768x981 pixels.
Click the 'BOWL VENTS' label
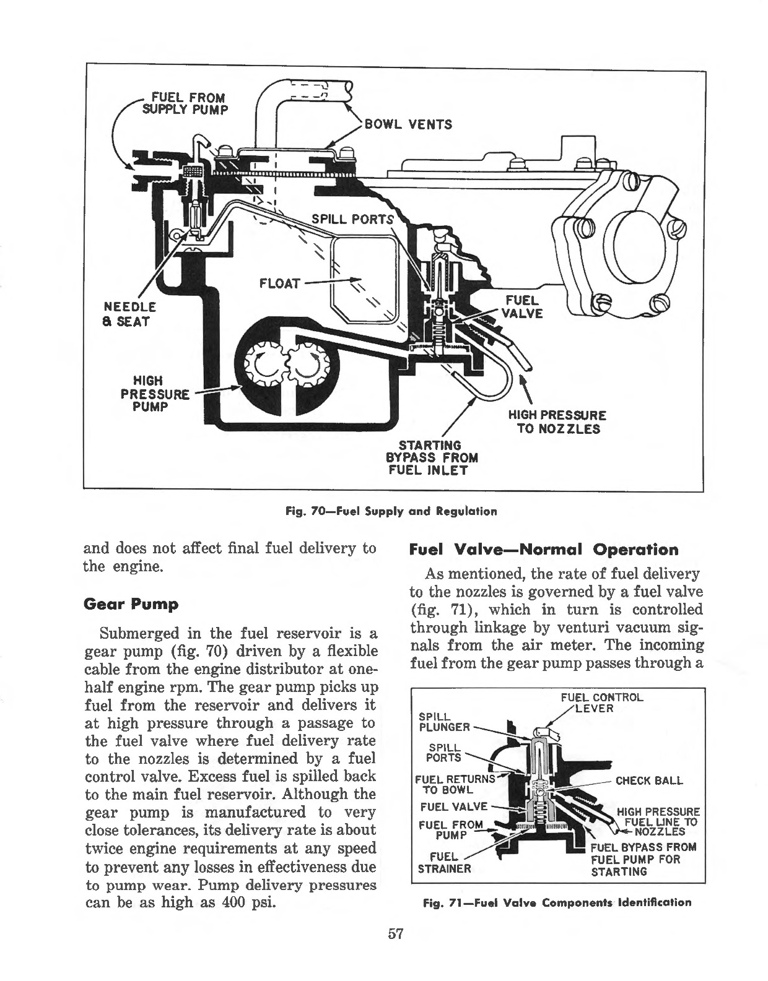(408, 124)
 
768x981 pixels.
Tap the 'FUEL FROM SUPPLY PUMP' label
(185, 103)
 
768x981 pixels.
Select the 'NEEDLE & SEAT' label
(130, 314)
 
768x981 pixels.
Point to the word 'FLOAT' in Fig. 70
(279, 284)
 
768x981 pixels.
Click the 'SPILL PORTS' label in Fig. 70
(352, 219)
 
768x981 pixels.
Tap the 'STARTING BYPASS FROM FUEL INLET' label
(431, 457)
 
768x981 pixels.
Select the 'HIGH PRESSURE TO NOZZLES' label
(557, 421)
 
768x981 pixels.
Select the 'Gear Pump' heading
(131, 605)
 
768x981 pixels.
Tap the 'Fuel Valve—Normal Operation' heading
(544, 550)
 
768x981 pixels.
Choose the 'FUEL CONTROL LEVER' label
(601, 702)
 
